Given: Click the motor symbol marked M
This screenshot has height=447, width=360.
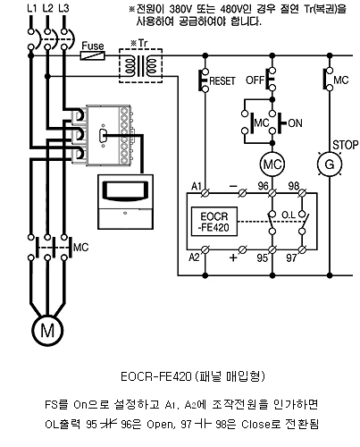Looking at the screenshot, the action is click(47, 330).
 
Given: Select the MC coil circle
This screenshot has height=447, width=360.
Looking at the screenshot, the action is click(272, 164).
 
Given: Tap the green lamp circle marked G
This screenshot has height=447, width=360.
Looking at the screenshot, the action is click(330, 164).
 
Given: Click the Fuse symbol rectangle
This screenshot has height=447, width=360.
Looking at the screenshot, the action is click(93, 55).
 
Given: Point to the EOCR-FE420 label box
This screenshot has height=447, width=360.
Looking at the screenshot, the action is click(214, 222).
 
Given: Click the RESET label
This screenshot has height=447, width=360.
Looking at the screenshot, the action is click(222, 81).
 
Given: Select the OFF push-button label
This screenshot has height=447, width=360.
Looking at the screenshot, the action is click(255, 80).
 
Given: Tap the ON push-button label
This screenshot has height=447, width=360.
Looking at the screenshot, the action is click(295, 123).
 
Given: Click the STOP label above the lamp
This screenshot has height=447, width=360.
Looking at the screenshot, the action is click(346, 145).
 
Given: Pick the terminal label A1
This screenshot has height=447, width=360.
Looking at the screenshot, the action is click(197, 187).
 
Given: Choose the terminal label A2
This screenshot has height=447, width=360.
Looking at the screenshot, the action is click(194, 257).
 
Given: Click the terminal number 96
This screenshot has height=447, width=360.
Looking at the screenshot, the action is click(263, 186).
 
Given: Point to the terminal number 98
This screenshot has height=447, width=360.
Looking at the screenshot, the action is click(293, 186).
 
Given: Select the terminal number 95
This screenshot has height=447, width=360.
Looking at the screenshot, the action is click(263, 258).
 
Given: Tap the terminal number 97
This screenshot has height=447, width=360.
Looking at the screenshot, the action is click(291, 258).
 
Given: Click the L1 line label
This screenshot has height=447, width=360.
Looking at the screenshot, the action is click(31, 8).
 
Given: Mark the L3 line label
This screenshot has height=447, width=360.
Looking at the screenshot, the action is click(63, 8).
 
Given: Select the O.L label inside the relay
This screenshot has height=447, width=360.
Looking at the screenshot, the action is click(289, 215).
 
